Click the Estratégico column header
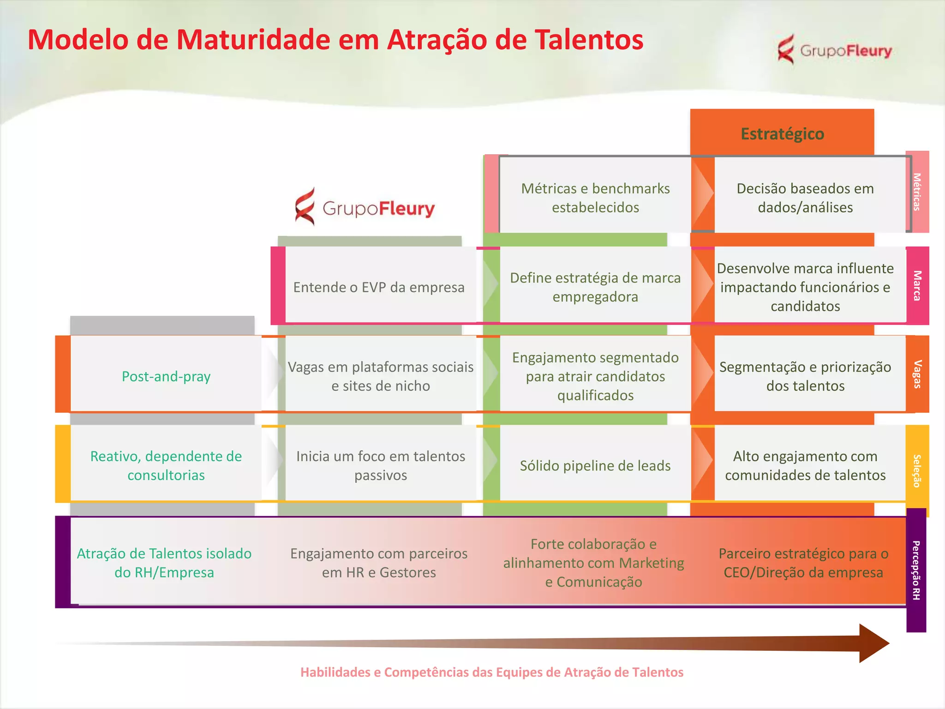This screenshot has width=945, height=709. [782, 133]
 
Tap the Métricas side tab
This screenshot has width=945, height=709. [917, 192]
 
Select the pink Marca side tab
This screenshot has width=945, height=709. [917, 286]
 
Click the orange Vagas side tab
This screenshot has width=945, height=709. [917, 374]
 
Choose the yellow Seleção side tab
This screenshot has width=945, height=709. [917, 470]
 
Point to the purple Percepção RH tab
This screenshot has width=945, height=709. [916, 570]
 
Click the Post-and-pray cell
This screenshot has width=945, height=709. [166, 376]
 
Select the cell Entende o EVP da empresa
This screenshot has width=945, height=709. [379, 287]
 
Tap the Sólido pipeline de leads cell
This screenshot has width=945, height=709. [595, 465]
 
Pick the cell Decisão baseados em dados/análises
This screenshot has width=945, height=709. [805, 198]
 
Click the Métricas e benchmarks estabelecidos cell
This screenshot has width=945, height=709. [595, 198]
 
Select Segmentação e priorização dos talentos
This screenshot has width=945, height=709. [805, 376]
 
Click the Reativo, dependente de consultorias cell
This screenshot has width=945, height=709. [166, 465]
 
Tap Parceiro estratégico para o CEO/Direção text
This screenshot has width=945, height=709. [803, 563]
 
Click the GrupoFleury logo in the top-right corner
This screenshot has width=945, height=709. [834, 50]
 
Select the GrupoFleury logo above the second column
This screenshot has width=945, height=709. [365, 208]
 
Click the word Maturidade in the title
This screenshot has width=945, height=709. [253, 40]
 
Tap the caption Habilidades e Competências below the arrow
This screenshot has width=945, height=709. [492, 672]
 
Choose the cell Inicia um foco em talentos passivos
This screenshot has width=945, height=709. [381, 465]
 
